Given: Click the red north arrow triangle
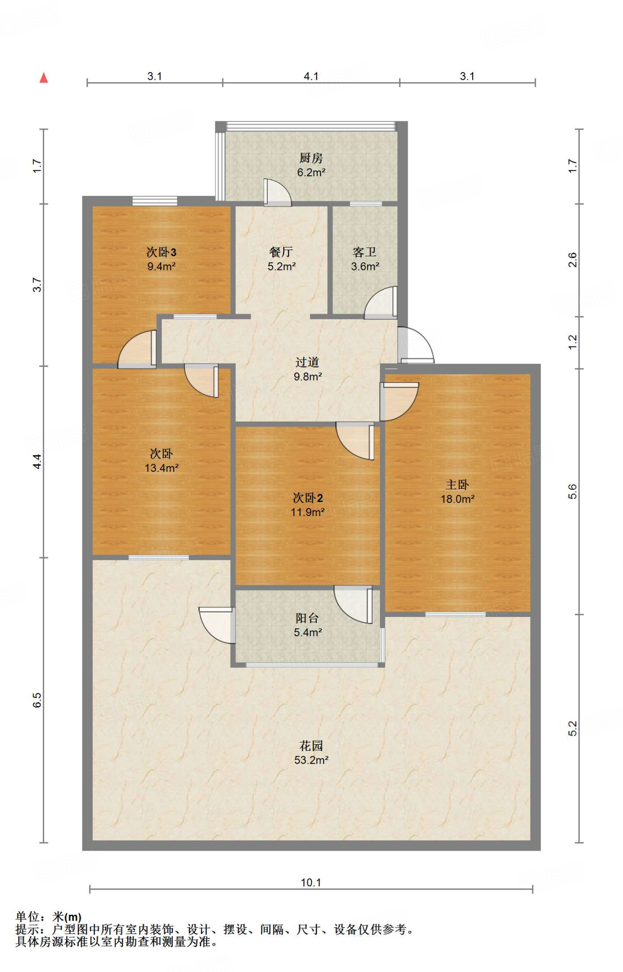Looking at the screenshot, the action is [44, 78].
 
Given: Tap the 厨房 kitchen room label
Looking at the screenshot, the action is [311, 158].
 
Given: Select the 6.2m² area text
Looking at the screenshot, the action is [311, 172].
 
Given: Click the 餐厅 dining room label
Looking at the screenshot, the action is [281, 252].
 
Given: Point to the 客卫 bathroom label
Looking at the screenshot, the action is [364, 252].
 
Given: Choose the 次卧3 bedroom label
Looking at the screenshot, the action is [161, 252].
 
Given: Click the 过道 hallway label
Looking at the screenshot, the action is [307, 362].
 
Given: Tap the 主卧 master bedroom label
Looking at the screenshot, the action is [457, 485].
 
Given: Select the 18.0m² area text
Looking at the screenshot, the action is [457, 499].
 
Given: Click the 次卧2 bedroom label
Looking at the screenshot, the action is [308, 498].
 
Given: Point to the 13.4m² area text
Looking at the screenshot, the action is [161, 468].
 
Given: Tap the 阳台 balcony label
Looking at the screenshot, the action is [307, 618].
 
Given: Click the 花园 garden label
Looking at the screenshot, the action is [311, 746].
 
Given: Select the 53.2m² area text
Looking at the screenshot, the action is [311, 760].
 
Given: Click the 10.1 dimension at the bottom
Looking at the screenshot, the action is [311, 882].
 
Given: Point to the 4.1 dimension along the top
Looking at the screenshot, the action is [311, 76].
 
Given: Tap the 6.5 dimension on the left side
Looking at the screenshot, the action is [37, 701].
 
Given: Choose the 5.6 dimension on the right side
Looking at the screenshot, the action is [573, 491].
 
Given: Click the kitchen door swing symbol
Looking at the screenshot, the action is [277, 193].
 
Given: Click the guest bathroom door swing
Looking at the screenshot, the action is [381, 302].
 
